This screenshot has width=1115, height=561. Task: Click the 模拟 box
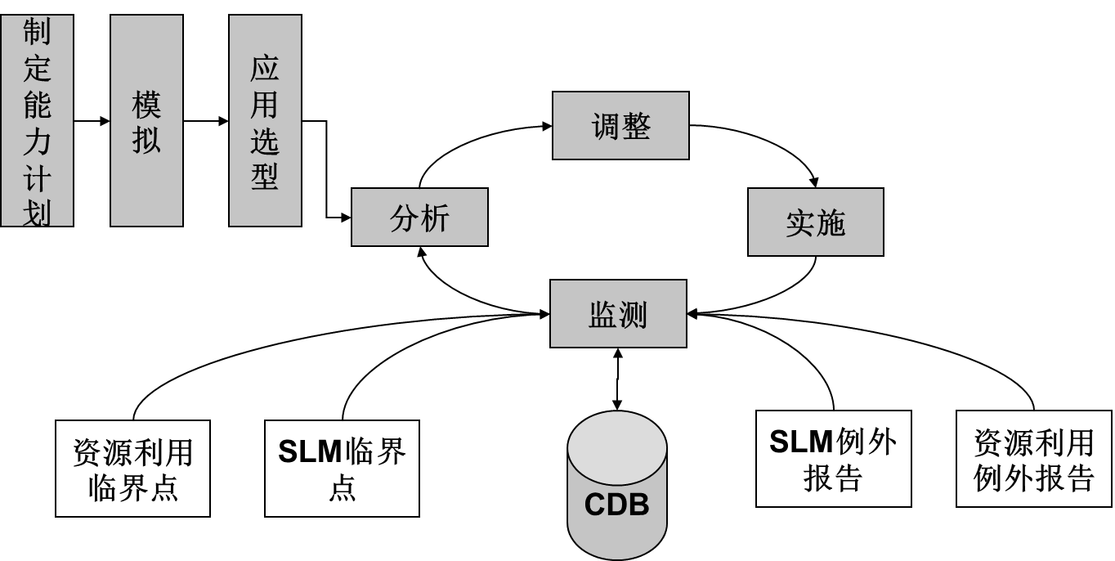click(146, 120)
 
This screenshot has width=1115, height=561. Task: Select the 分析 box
click(419, 218)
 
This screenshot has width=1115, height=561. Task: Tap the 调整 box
click(620, 126)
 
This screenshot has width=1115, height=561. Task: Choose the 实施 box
click(815, 222)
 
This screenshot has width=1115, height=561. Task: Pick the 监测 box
click(618, 314)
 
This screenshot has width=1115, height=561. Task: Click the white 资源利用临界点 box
click(132, 469)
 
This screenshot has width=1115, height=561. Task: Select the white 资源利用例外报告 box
click(1033, 459)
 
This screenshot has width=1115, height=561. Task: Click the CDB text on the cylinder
click(616, 505)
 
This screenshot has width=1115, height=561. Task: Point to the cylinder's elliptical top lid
click(617, 447)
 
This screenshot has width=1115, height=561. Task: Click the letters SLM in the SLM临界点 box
click(310, 451)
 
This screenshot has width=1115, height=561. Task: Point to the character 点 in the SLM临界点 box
click(342, 487)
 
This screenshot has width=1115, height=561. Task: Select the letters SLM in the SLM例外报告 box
click(801, 442)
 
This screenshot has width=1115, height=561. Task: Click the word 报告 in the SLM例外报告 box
click(833, 478)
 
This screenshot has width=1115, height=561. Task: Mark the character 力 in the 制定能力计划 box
click(37, 141)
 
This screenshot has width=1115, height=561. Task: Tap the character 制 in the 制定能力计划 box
click(37, 32)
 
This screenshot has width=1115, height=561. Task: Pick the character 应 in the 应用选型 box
click(265, 69)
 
